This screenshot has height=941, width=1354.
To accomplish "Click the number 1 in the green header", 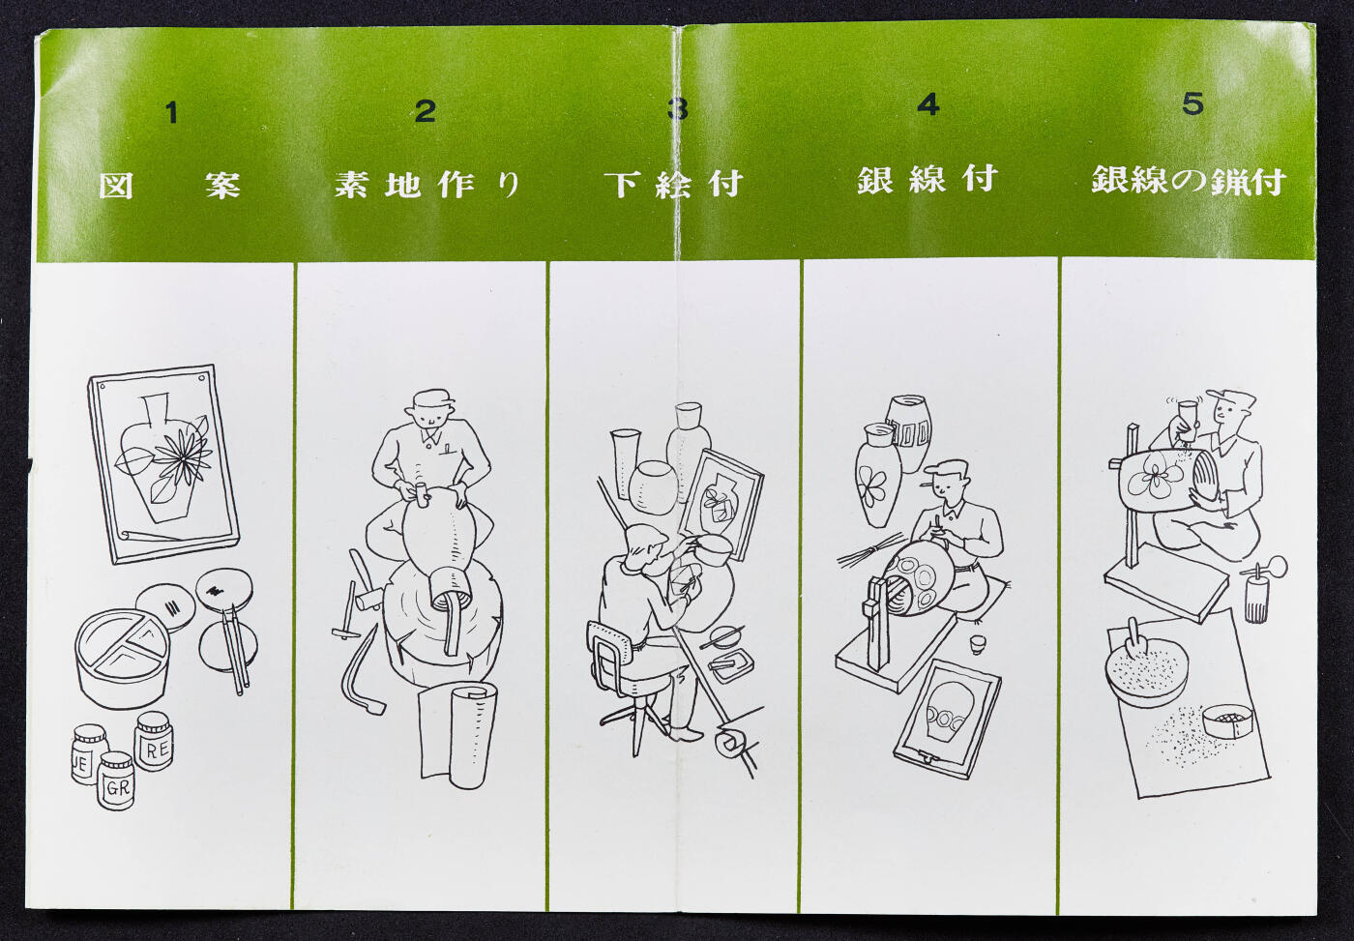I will click(x=171, y=113).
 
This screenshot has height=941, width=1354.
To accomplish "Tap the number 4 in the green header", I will click(x=928, y=104).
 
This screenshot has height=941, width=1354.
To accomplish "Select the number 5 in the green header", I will click(x=1192, y=103).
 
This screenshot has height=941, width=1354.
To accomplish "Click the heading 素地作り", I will click(x=427, y=184).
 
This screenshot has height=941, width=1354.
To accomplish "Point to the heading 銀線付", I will click(x=926, y=179).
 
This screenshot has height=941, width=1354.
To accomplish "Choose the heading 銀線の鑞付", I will click(x=1188, y=181).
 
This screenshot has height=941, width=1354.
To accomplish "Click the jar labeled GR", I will click(x=116, y=780).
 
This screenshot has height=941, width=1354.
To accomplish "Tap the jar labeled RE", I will click(x=155, y=741).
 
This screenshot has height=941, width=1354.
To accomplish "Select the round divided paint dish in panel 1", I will click(x=122, y=658).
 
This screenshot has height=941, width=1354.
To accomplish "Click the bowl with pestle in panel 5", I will click(x=1145, y=666).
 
